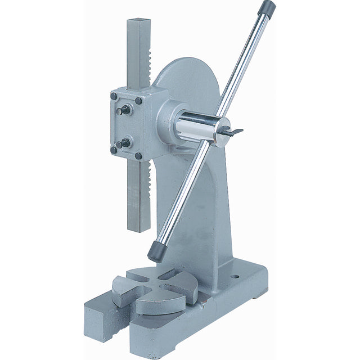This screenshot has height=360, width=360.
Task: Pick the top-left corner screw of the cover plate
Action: (x=114, y=96)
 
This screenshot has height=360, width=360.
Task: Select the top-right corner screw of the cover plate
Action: (x=138, y=101)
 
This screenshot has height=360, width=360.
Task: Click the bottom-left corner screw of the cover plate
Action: (x=114, y=150)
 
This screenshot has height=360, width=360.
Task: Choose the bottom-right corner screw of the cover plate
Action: (x=138, y=156)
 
